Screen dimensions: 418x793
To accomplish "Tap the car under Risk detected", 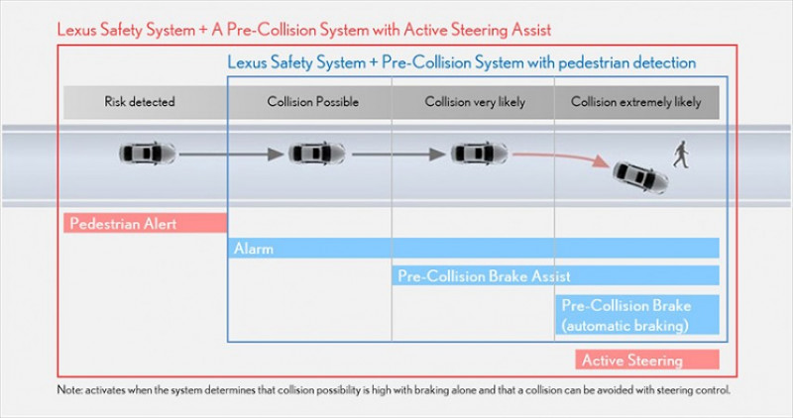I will pyautogui.click(x=147, y=154).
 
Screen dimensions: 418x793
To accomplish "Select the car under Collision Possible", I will pyautogui.click(x=316, y=154).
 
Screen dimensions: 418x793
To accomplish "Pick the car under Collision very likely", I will pyautogui.click(x=478, y=154).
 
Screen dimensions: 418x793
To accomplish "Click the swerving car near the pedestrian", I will pyautogui.click(x=639, y=174).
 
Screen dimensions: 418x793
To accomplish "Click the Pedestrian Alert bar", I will pyautogui.click(x=145, y=223).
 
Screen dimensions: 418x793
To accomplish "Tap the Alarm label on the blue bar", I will pyautogui.click(x=254, y=249).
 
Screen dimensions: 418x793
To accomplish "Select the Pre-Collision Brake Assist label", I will pyautogui.click(x=484, y=275).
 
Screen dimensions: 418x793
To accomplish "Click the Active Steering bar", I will pyautogui.click(x=646, y=360).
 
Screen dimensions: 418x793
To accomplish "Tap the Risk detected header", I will pyautogui.click(x=140, y=102).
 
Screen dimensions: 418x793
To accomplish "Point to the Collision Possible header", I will pyautogui.click(x=312, y=102).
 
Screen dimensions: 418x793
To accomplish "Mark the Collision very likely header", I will pyautogui.click(x=474, y=102).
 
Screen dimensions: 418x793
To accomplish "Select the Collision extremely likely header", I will pyautogui.click(x=635, y=102).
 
